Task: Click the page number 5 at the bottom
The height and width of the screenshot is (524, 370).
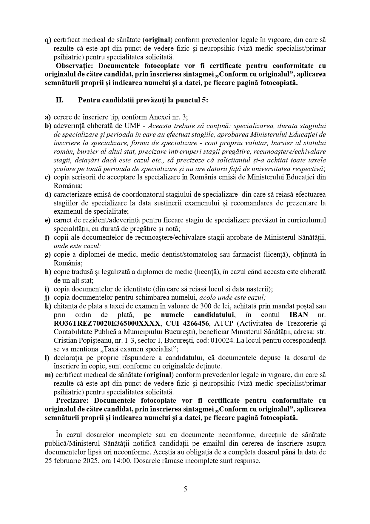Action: [x=185, y=489]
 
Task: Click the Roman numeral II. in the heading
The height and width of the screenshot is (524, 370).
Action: [x=60, y=100]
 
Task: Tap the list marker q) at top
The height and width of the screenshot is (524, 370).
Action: [x=48, y=40]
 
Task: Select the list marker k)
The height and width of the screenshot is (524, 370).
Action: [x=48, y=306]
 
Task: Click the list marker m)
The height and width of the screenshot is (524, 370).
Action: [x=48, y=375]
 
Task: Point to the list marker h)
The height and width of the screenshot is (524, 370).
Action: [x=48, y=272]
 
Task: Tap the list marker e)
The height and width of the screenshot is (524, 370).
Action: [x=48, y=220]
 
